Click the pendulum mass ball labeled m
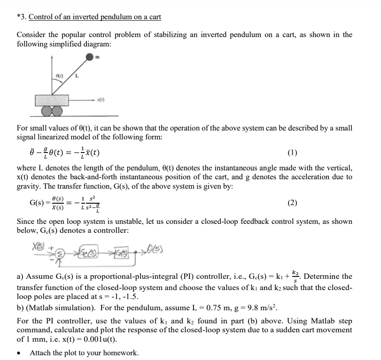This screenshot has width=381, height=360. [x=91, y=57]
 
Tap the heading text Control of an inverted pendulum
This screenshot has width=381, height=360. [x=94, y=17]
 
